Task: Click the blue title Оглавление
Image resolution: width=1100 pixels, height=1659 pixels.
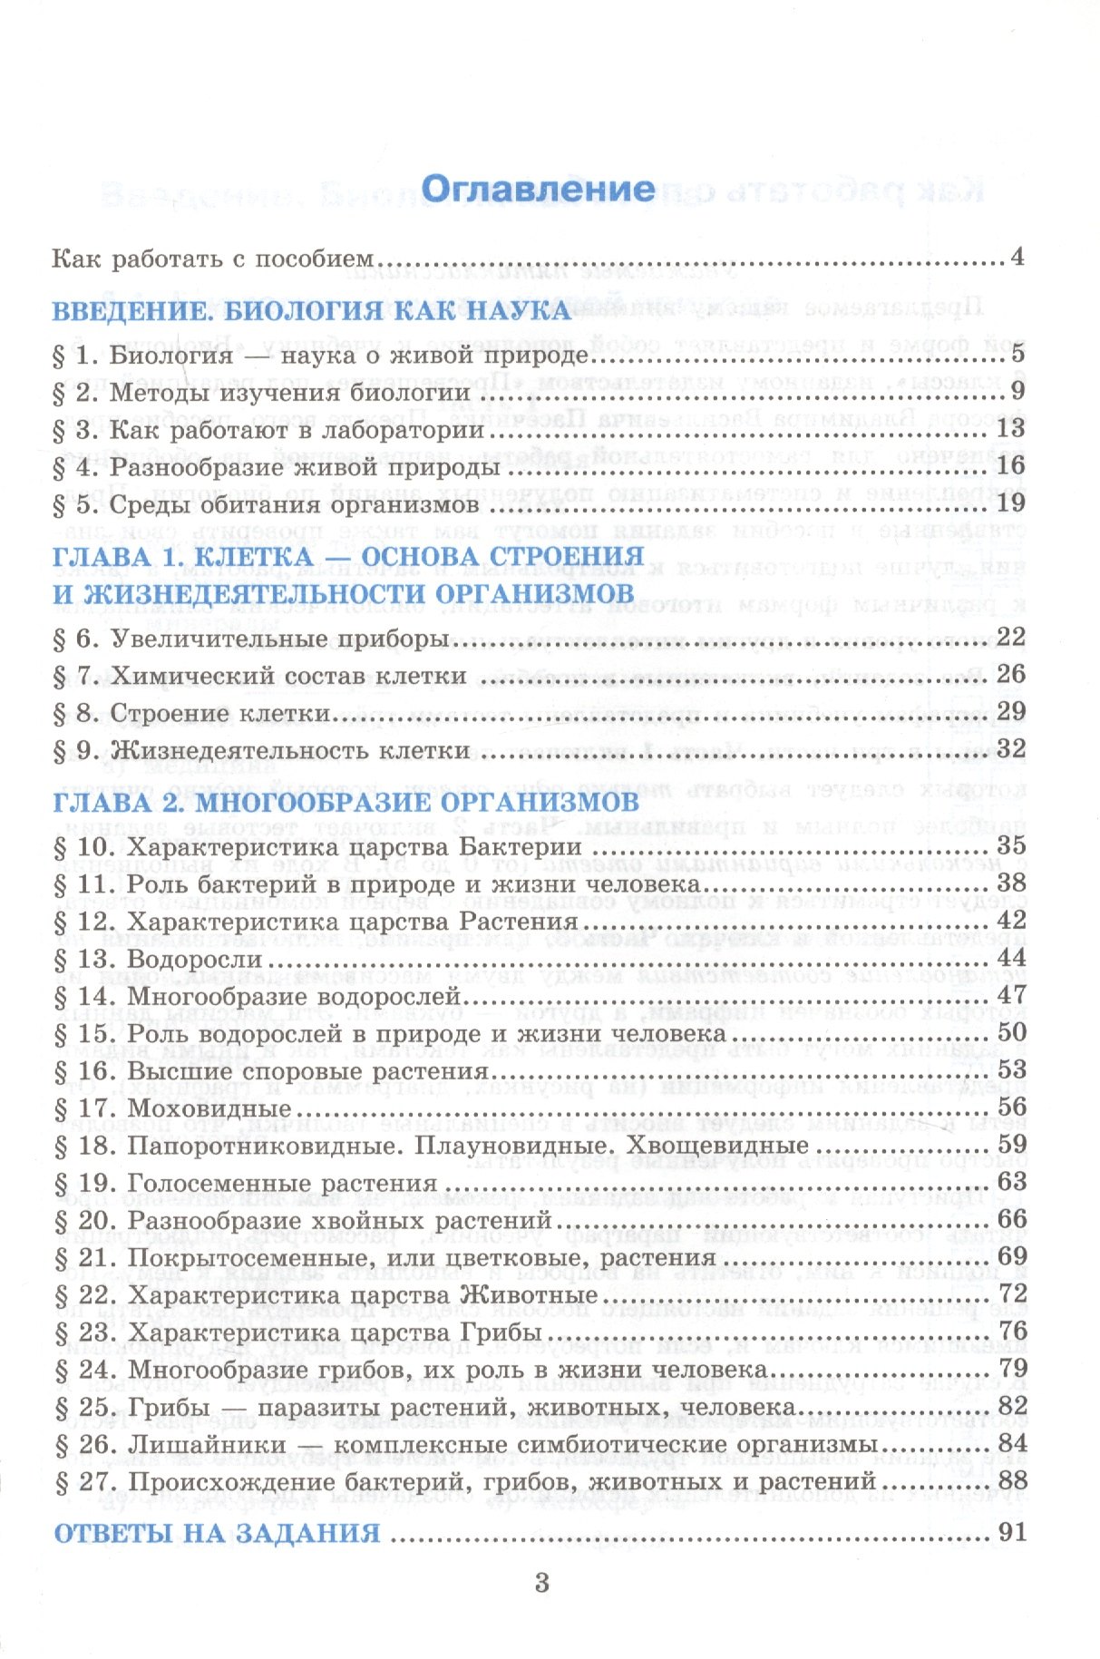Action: [538, 189]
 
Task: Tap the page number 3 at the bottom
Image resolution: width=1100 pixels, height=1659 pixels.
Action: [542, 1584]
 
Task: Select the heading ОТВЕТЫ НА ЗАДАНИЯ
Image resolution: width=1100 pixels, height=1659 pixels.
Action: [217, 1533]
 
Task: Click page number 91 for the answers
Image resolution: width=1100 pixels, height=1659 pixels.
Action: [1009, 1532]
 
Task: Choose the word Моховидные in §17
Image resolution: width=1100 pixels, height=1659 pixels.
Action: [209, 1108]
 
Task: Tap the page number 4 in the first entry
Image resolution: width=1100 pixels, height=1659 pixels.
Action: [1017, 257]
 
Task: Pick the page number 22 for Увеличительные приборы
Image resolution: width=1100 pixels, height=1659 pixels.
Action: [1010, 637]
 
